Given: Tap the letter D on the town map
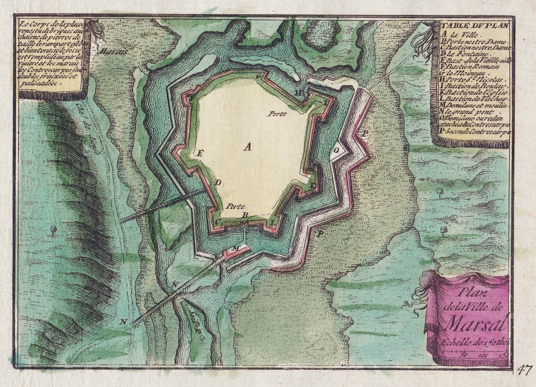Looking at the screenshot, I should click(218, 183).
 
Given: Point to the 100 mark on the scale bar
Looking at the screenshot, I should click(482, 354).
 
